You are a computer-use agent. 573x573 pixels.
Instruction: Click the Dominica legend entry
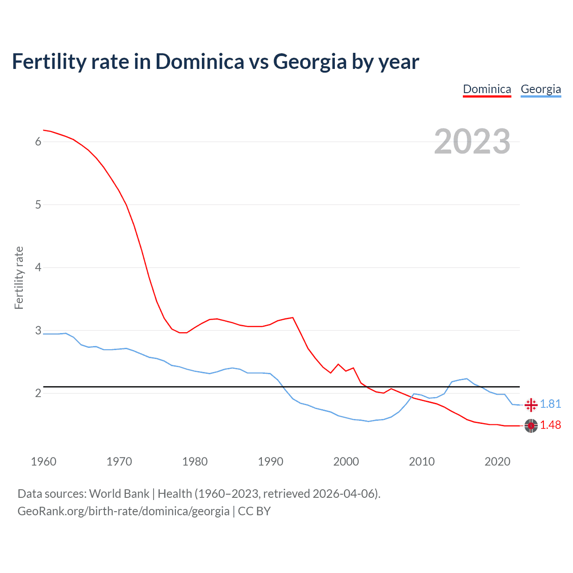tap(487, 89)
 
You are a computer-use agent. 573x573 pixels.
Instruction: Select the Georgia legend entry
tap(541, 89)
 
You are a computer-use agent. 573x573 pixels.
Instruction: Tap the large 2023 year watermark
tap(472, 141)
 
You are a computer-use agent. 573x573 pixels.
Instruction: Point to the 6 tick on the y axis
tap(38, 142)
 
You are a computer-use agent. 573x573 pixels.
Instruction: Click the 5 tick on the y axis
tap(38, 205)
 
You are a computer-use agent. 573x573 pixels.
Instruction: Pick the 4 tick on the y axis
tap(38, 268)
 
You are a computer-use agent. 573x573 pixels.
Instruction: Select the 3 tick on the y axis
tap(38, 331)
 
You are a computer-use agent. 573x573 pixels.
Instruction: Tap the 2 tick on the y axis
tap(38, 393)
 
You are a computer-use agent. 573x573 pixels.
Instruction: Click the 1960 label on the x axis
tap(43, 462)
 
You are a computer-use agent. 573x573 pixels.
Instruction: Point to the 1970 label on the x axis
tap(119, 462)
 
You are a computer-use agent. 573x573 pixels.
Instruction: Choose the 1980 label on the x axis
tap(195, 462)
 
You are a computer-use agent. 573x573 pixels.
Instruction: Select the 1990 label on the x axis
tap(270, 462)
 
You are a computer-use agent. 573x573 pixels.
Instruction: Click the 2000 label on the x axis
tap(346, 462)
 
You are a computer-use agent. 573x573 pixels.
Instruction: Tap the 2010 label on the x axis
tap(422, 462)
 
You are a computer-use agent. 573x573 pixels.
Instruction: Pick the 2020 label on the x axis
tap(497, 462)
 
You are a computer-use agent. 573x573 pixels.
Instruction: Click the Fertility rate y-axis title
tap(19, 278)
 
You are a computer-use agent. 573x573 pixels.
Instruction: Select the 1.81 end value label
tap(550, 404)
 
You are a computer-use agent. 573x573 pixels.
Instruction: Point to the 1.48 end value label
tap(550, 425)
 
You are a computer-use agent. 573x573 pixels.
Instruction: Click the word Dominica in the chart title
tap(200, 61)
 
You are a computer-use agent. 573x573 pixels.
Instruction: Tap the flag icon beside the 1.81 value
tap(531, 405)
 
